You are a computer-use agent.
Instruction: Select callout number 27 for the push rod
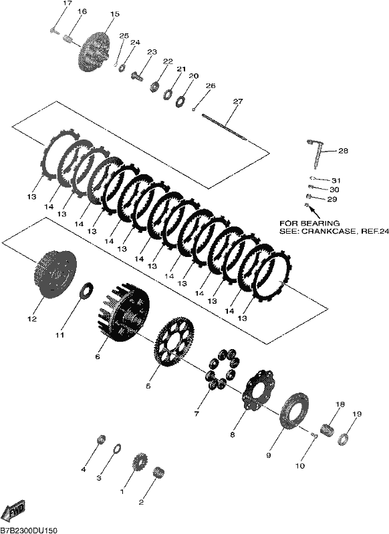[x=238, y=101]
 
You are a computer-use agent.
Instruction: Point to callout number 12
[x=32, y=319]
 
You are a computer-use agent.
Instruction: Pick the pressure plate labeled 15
[x=94, y=51]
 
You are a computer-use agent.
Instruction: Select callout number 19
[x=357, y=414]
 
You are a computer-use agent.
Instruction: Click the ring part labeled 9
[x=294, y=411]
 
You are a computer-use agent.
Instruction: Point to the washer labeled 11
[x=87, y=290]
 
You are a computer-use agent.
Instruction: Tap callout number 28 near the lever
[x=343, y=151]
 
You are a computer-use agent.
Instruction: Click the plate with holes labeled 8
[x=259, y=389]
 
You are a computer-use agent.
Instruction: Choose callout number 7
[x=196, y=414]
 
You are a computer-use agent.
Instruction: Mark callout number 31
[x=336, y=180]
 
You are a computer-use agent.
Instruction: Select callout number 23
[x=152, y=52]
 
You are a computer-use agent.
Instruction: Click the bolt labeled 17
[x=53, y=31]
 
